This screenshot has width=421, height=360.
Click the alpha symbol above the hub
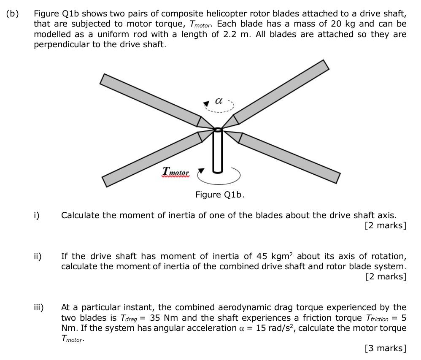218,101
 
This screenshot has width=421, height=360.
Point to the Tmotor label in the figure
176,172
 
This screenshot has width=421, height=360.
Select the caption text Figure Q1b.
220,195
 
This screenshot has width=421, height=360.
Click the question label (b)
13,13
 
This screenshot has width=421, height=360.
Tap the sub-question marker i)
37,215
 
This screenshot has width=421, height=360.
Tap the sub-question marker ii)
38,256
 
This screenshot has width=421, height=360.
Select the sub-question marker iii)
38,307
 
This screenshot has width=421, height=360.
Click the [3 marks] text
385,348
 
